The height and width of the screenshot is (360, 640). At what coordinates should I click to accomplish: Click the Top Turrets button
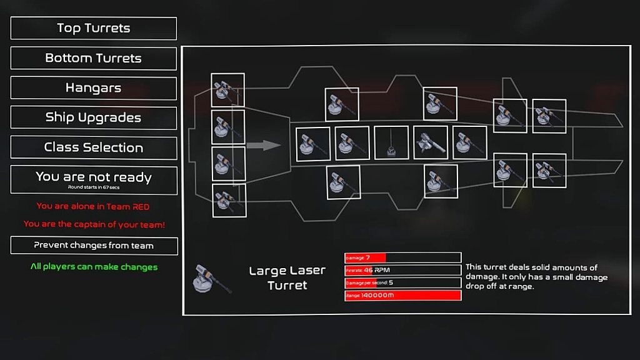tap(94, 28)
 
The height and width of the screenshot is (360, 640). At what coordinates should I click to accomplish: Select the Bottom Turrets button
tap(94, 58)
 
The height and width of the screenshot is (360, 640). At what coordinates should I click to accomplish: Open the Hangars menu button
tap(94, 88)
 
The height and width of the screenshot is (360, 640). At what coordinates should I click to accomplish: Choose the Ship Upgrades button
tap(94, 118)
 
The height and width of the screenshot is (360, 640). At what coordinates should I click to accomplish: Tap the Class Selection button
tap(94, 147)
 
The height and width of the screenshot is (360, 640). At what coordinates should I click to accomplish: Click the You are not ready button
tap(94, 180)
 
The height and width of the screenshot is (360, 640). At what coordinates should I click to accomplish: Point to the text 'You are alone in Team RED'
tap(93, 206)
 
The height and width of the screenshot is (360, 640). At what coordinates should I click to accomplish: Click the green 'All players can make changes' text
tap(94, 267)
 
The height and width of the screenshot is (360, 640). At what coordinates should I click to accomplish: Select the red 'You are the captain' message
tap(94, 224)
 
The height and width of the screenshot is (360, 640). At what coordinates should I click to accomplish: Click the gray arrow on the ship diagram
tap(264, 145)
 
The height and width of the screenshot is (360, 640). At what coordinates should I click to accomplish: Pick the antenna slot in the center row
tap(391, 142)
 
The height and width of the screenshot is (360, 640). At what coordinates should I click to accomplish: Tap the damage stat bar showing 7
tap(403, 257)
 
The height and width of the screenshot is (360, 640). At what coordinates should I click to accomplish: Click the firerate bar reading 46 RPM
tap(403, 270)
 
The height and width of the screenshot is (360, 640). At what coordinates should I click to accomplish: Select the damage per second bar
tap(403, 283)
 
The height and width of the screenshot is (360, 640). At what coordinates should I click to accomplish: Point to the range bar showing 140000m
tap(403, 295)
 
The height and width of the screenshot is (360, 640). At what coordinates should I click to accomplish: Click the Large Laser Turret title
tap(287, 278)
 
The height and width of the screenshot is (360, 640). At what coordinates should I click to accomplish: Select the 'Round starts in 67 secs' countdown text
tap(94, 187)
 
